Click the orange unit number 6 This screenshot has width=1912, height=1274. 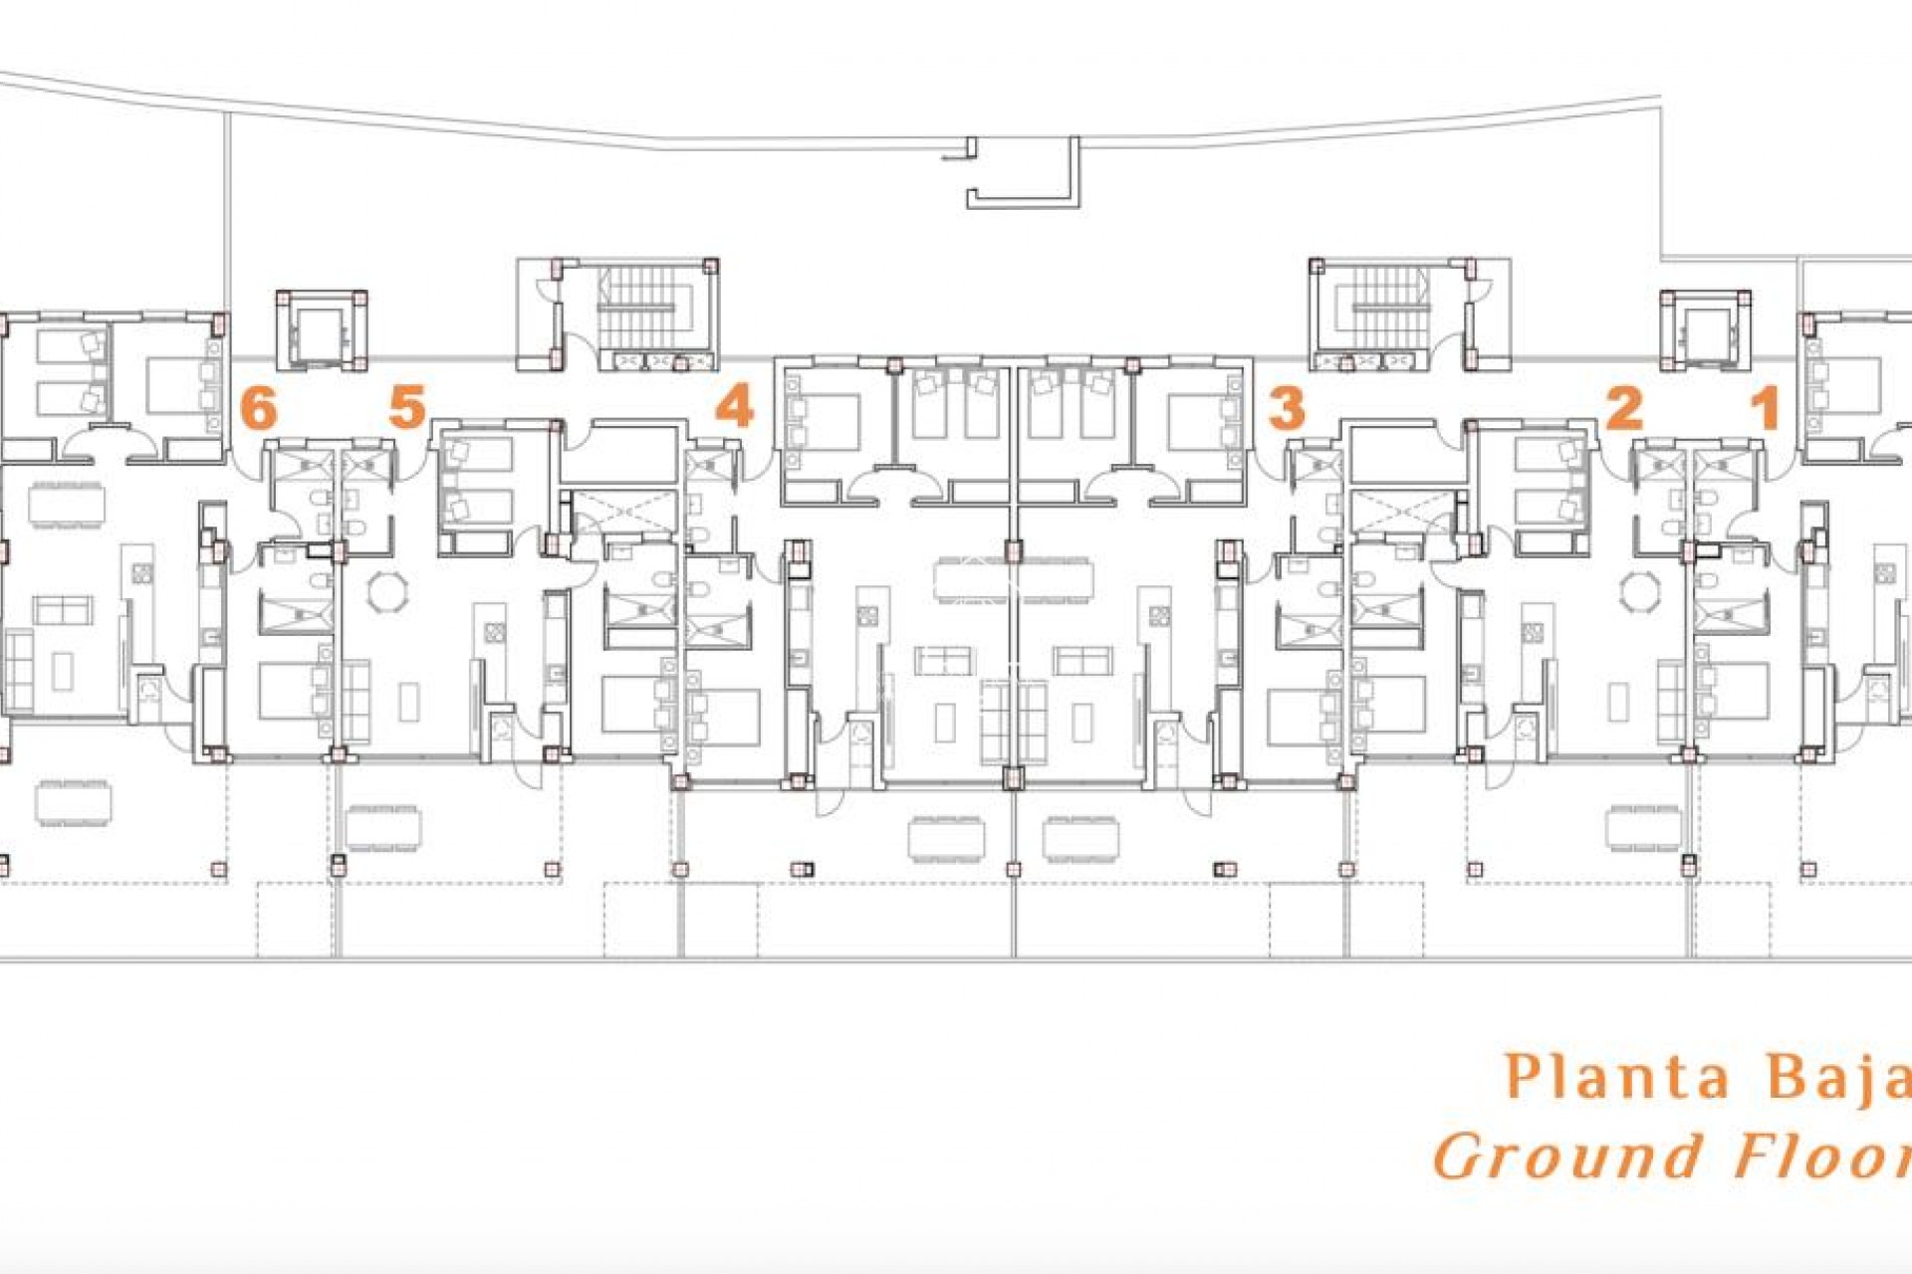click(259, 407)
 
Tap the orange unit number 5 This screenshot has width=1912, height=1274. click(407, 407)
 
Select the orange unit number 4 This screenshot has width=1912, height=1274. click(735, 407)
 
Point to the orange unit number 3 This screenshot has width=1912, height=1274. click(1287, 408)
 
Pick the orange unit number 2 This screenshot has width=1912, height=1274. click(1624, 407)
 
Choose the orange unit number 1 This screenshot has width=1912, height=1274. click(1767, 408)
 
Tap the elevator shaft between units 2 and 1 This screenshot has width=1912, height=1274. click(1704, 331)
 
